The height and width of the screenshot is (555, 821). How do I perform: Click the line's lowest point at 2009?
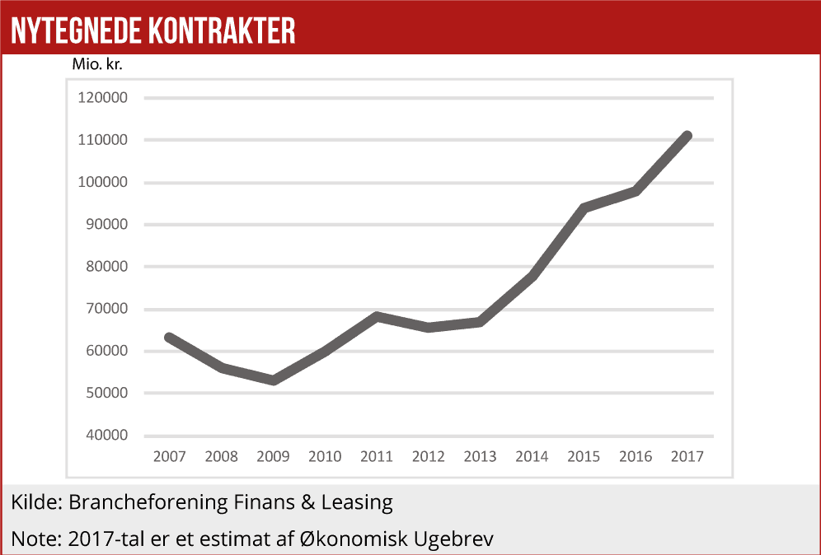point(273,380)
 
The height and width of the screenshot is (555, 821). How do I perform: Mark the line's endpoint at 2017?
point(687,136)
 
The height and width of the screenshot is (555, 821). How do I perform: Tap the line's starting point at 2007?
point(169,337)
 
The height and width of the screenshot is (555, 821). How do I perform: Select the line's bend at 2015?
point(584,208)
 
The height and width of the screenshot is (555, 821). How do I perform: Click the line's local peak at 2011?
point(377,316)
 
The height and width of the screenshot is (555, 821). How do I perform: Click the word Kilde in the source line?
point(36,501)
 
